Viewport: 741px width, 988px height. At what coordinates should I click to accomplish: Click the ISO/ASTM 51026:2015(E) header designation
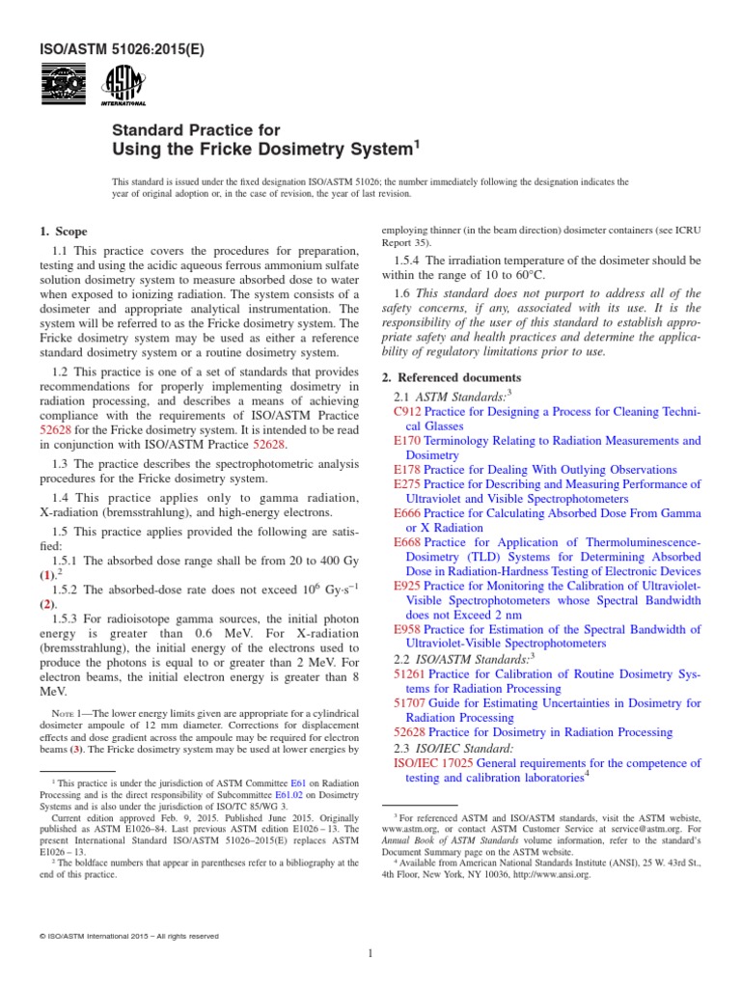click(109, 47)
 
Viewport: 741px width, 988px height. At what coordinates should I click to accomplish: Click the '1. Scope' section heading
click(63, 232)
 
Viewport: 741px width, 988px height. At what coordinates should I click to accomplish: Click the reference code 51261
click(410, 674)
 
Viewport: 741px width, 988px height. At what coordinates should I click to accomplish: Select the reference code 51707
click(410, 703)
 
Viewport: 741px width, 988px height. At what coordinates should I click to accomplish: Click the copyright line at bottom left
click(129, 935)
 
